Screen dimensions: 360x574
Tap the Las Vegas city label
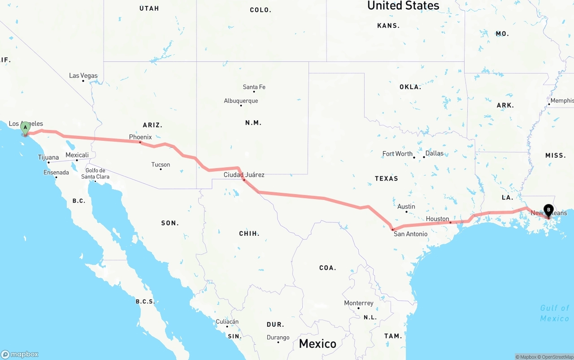pyautogui.click(x=83, y=76)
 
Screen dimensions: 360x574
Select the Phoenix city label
pyautogui.click(x=140, y=137)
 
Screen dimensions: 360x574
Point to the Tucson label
pyautogui.click(x=161, y=165)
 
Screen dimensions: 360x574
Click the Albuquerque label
pyautogui.click(x=241, y=101)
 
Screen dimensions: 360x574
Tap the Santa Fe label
pyautogui.click(x=254, y=87)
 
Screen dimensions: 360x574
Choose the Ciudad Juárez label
pyautogui.click(x=244, y=175)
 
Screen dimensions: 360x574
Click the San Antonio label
pyautogui.click(x=410, y=234)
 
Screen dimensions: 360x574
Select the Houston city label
pyautogui.click(x=437, y=219)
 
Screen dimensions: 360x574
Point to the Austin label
pyautogui.click(x=406, y=207)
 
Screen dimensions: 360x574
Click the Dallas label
pyautogui.click(x=434, y=153)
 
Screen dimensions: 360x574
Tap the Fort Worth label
pyautogui.click(x=397, y=154)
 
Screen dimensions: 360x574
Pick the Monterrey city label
pyautogui.click(x=358, y=303)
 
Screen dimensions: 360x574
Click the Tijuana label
pyautogui.click(x=48, y=157)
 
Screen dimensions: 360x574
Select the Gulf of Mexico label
pyautogui.click(x=554, y=313)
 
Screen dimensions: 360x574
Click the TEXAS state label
pyautogui.click(x=386, y=178)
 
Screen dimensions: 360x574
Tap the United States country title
pyautogui.click(x=403, y=5)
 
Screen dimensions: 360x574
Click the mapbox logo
pyautogui.click(x=20, y=354)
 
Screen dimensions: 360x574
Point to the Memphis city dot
pyautogui.click(x=549, y=104)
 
